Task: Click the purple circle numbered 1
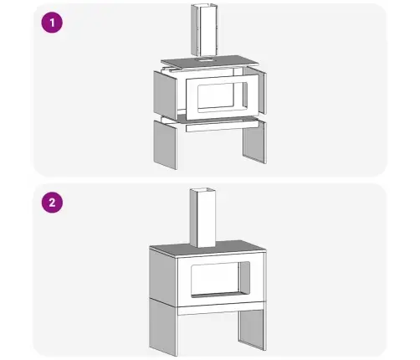(52, 23)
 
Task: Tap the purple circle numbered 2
(52, 203)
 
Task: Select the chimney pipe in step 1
(204, 30)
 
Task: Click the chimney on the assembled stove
(203, 218)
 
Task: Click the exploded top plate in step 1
(210, 62)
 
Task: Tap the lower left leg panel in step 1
(165, 145)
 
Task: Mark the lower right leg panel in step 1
(254, 142)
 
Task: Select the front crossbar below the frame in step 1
(222, 126)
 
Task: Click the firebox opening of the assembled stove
(220, 279)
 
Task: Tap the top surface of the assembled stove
(207, 248)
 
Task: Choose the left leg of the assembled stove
(163, 327)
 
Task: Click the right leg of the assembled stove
(251, 329)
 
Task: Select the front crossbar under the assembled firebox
(222, 308)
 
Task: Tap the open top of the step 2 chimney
(203, 191)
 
